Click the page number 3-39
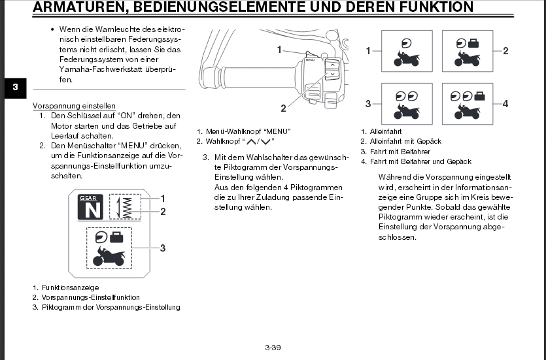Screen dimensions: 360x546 (x=273, y=348)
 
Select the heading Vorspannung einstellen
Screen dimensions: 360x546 (x=74, y=106)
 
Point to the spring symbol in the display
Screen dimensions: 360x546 (x=128, y=206)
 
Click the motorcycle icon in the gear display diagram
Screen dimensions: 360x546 (x=109, y=255)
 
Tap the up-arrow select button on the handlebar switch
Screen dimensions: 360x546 (x=332, y=65)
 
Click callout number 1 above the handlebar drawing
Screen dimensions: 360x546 (x=279, y=49)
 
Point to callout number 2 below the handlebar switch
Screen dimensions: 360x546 (x=284, y=108)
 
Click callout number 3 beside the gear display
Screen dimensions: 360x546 (x=163, y=248)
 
